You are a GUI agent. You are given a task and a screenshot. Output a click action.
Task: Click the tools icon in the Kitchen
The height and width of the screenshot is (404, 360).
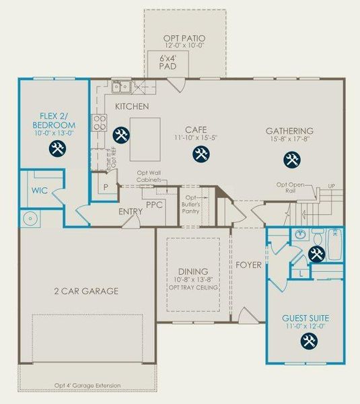(121, 135)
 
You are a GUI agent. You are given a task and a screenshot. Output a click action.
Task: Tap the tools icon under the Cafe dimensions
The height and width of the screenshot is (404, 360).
(201, 154)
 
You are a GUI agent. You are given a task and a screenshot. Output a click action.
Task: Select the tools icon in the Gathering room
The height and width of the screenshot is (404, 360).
(291, 159)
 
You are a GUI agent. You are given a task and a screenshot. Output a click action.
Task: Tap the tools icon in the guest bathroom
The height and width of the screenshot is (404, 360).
(316, 255)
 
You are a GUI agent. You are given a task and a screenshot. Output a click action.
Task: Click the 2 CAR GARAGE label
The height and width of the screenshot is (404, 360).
(86, 291)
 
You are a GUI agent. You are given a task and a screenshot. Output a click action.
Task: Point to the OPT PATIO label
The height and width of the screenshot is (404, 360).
(184, 38)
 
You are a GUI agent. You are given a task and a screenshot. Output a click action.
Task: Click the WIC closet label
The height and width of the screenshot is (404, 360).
(39, 191)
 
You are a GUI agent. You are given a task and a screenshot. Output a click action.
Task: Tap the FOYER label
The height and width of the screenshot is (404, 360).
(248, 265)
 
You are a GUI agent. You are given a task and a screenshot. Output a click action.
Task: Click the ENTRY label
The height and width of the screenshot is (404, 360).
(131, 212)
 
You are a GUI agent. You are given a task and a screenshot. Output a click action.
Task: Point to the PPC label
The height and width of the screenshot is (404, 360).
(155, 205)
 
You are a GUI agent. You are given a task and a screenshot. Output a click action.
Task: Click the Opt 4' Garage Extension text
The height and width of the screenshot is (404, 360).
(87, 386)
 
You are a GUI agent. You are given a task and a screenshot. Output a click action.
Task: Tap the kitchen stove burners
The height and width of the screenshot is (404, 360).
(99, 122)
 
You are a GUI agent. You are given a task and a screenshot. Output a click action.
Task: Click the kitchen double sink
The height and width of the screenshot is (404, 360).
(122, 86)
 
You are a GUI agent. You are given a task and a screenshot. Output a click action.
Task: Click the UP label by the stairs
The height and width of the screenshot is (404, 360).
(330, 185)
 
